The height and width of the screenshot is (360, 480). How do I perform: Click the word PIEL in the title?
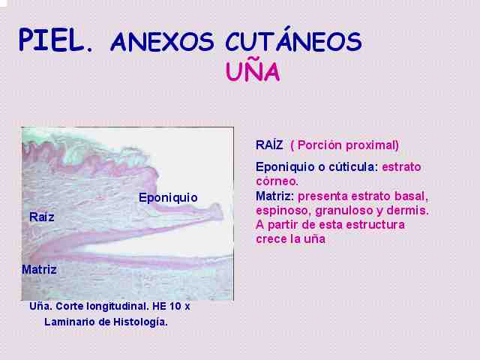pos(52,40)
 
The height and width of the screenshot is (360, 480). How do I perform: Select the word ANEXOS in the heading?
pos(162,42)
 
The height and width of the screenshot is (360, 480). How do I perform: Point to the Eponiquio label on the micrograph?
pos(168,198)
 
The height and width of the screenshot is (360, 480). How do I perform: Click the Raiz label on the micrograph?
pos(42,217)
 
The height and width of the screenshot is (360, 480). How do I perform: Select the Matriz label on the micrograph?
pos(39,270)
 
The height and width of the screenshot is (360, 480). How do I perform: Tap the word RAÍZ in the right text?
pos(269,145)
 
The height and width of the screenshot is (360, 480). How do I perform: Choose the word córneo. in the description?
pos(277,181)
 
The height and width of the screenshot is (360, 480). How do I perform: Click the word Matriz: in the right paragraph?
pos(274,196)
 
